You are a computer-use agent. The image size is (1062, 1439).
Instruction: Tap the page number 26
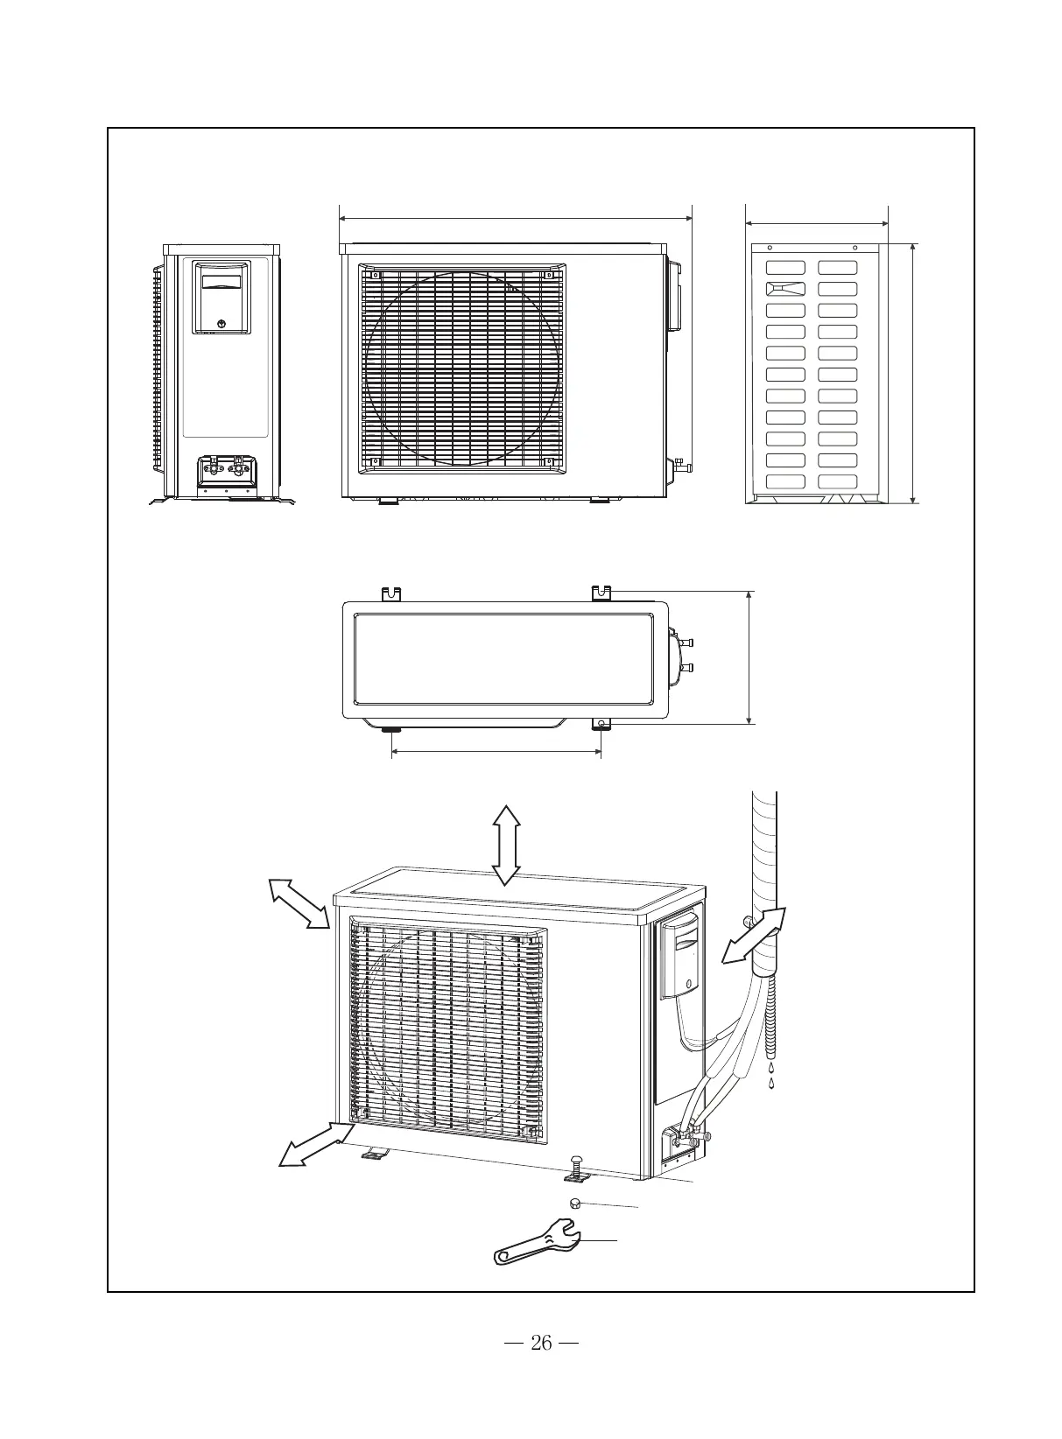point(542,1343)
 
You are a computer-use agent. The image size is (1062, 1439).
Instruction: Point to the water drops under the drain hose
point(771,1076)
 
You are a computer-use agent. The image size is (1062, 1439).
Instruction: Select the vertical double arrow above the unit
point(506,845)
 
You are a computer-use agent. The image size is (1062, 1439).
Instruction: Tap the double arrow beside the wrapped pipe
point(754,936)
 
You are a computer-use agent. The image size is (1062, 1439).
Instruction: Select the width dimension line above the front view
point(515,218)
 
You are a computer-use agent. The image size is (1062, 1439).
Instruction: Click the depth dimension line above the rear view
point(816,223)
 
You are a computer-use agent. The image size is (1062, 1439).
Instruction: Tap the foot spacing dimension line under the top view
point(496,751)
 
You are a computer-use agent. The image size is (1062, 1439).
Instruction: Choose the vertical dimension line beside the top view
point(749,657)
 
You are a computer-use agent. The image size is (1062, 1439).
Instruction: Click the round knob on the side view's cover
point(222,323)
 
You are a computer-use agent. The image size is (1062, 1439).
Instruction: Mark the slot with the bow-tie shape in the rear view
point(785,289)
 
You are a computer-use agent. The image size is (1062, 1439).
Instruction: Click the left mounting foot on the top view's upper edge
point(390,593)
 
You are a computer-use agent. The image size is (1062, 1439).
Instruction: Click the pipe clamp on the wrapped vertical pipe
point(745,921)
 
